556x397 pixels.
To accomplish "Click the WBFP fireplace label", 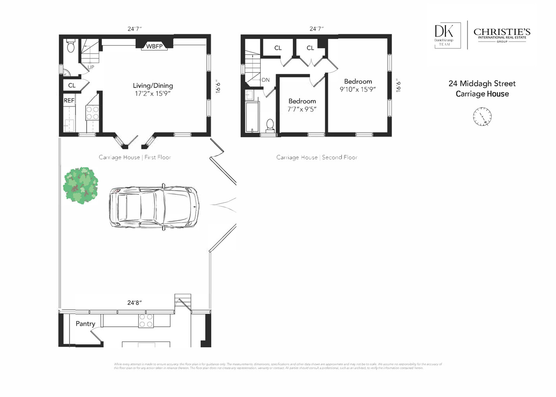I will (154, 46).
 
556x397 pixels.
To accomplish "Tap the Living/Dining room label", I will (153, 85).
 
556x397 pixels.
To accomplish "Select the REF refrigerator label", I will (69, 100).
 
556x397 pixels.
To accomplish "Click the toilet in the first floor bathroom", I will (71, 47).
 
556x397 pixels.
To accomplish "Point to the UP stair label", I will (91, 67).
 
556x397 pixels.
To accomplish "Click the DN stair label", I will (265, 80).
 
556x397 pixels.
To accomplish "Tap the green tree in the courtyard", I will (81, 185).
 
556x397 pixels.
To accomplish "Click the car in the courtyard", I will (154, 207).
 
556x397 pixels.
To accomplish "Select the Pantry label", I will (85, 324).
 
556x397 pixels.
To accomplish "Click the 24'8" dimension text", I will (134, 303).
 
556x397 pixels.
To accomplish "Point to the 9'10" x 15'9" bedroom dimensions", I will (357, 90).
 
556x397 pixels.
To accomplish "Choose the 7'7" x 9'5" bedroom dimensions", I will (302, 109).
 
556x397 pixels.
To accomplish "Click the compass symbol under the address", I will (482, 117).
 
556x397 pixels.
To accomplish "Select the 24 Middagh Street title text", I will (482, 84).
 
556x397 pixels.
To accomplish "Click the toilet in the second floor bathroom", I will (270, 124).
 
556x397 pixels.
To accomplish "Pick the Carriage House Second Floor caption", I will (317, 157).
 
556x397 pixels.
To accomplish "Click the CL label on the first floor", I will (72, 85).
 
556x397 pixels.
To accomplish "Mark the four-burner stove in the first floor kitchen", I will (92, 113).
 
